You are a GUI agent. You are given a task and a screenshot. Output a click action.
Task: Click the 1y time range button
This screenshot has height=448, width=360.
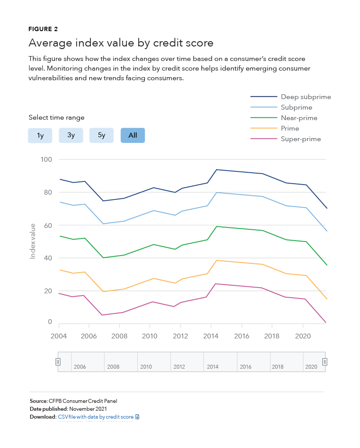(40, 135)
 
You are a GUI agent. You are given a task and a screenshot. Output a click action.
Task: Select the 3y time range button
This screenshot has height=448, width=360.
(71, 135)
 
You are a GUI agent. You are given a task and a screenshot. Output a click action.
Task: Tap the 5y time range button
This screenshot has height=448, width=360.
(101, 135)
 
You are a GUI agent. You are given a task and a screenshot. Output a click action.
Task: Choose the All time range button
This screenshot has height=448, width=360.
(132, 135)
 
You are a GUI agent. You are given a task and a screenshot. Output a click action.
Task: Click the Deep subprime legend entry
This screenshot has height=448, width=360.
(291, 97)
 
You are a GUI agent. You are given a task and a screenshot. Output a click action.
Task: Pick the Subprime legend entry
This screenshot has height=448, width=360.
(282, 107)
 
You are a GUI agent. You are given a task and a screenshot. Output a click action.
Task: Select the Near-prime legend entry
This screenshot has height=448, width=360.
(284, 118)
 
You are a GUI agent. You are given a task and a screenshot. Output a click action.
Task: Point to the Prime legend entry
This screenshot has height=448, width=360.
(275, 128)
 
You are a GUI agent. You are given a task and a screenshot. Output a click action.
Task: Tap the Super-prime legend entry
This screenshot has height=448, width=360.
(286, 139)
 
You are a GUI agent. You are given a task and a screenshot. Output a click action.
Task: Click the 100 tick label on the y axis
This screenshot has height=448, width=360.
(46, 160)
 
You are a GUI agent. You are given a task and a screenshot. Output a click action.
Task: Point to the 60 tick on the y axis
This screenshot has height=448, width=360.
(48, 225)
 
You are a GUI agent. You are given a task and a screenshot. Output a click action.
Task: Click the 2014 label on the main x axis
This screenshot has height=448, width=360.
(210, 336)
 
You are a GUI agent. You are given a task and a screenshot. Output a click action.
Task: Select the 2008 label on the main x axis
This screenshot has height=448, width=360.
(119, 336)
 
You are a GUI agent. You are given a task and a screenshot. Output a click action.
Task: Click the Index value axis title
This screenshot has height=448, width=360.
(32, 242)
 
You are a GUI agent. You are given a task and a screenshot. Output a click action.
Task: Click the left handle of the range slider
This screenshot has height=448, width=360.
(58, 362)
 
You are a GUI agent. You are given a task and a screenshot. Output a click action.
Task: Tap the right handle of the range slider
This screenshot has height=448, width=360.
(325, 362)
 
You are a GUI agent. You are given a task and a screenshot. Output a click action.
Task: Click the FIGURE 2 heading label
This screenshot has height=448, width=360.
(43, 29)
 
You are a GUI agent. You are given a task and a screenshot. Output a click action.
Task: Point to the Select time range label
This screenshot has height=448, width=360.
(57, 117)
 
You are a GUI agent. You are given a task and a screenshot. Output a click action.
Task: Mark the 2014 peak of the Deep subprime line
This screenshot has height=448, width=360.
(217, 170)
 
